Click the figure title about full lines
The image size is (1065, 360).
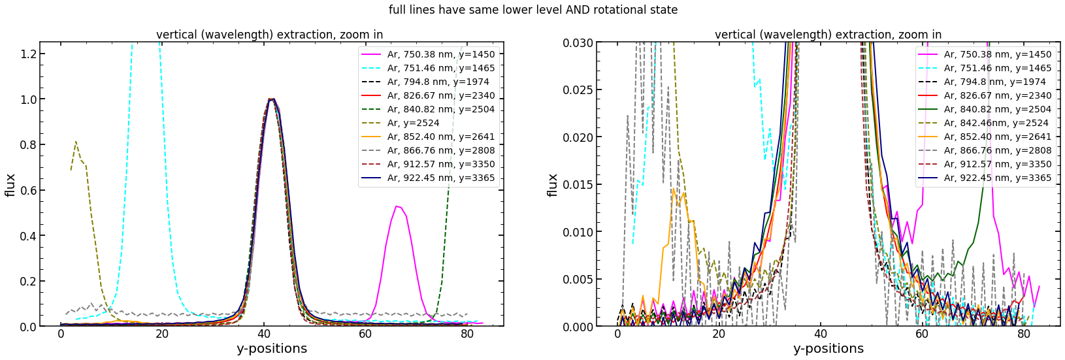pyautogui.click(x=532, y=10)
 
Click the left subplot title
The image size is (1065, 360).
pyautogui.click(x=269, y=35)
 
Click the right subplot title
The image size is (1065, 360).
pyautogui.click(x=828, y=35)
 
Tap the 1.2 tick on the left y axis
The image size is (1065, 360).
pyautogui.click(x=24, y=54)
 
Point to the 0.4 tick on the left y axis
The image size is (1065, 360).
pyautogui.click(x=24, y=236)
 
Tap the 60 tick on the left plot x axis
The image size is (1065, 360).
pyautogui.click(x=365, y=335)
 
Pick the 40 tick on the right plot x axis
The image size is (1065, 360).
pyautogui.click(x=821, y=335)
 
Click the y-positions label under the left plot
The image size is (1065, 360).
pyautogui.click(x=271, y=349)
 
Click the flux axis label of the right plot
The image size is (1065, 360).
pyautogui.click(x=553, y=185)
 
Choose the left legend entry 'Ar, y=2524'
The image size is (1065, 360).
pyautogui.click(x=413, y=123)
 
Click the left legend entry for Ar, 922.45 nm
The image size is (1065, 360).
pyautogui.click(x=440, y=178)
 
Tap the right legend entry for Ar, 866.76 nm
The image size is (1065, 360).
pyautogui.click(x=997, y=150)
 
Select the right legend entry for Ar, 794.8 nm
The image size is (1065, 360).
pyautogui.click(x=994, y=82)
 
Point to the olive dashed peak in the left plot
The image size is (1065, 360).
pyautogui.click(x=76, y=142)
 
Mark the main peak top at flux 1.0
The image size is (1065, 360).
pyautogui.click(x=271, y=99)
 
